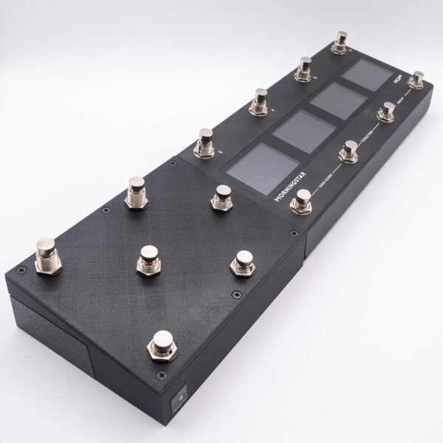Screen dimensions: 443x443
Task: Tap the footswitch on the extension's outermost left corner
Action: click(x=46, y=253)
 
